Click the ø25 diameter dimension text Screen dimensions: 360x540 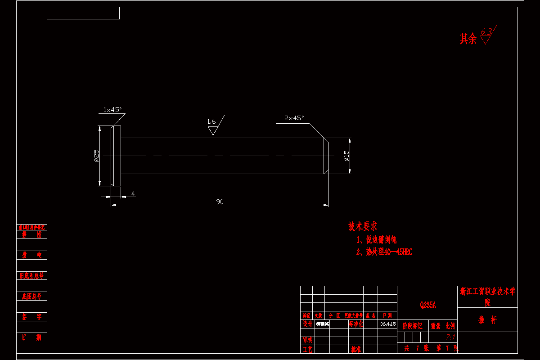tap(96, 155)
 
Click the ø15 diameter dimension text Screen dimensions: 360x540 tap(346, 155)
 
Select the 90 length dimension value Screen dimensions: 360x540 tap(220, 202)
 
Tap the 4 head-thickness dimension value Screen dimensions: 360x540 tap(133, 193)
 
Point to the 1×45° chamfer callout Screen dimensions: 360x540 tap(112, 109)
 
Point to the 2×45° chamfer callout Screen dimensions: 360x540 tap(294, 118)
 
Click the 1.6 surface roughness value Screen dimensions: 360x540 tap(211, 121)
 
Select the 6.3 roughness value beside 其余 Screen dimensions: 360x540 tap(486, 31)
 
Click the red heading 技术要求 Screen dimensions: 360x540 tap(363, 226)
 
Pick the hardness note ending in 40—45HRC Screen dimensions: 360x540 tap(384, 252)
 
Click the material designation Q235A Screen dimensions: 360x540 tap(427, 305)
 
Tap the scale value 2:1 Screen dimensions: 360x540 tap(450, 337)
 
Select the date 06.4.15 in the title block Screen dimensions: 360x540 tap(388, 324)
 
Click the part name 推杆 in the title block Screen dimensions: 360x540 tap(487, 320)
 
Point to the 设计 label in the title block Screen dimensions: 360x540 tap(307, 324)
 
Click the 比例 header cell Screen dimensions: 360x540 tap(450, 326)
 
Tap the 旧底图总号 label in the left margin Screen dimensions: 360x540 tap(31, 275)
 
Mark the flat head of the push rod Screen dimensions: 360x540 tap(116, 155)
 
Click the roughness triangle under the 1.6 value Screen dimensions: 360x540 tap(213, 130)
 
